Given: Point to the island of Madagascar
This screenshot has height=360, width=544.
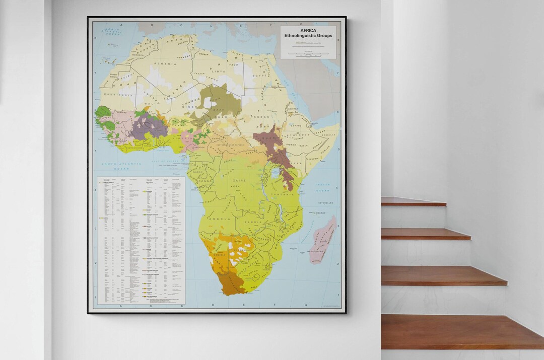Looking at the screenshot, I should click(323, 239).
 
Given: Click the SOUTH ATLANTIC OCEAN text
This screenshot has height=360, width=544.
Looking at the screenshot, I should click(121, 167).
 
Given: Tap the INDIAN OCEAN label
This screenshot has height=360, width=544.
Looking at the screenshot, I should click(323, 188).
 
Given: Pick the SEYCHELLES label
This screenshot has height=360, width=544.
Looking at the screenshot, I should click(326, 203).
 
